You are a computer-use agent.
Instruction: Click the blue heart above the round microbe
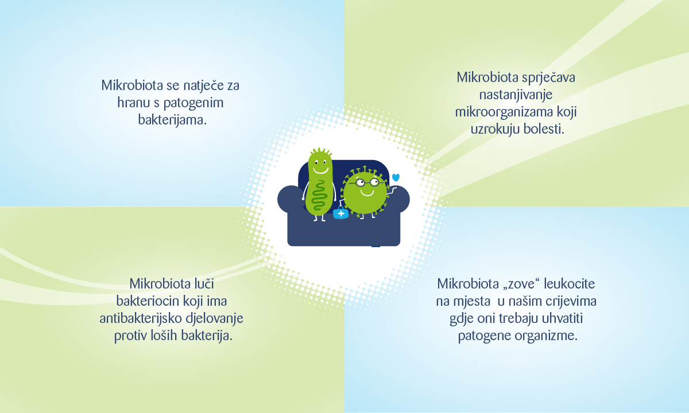[x=396, y=177]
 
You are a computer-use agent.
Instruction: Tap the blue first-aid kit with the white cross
[x=341, y=213]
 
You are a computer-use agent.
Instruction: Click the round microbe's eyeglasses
[x=367, y=183]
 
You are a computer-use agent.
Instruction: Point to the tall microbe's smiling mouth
[x=320, y=170]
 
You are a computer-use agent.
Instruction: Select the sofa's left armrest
[x=290, y=199]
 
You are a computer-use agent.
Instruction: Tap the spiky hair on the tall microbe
[x=321, y=152]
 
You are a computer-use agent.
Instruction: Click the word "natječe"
[x=203, y=85]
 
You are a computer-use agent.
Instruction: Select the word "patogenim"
[x=193, y=103]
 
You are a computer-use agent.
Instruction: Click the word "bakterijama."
[x=172, y=120]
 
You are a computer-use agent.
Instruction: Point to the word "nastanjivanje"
[x=516, y=95]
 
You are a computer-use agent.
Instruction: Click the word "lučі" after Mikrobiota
[x=204, y=283]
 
